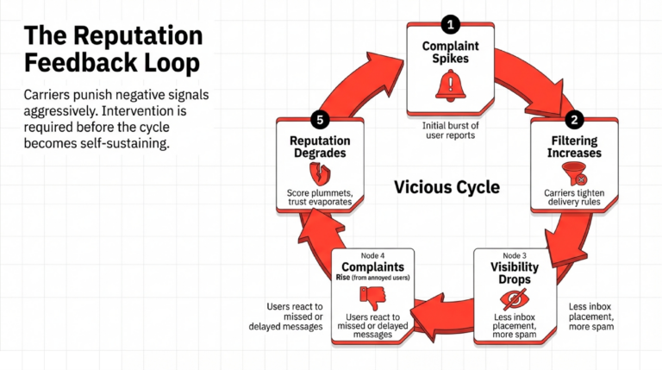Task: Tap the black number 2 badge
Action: coord(574,121)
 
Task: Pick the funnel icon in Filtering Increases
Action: coord(573,172)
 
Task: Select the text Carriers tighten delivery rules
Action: coord(573,199)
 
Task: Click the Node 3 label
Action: coord(515,254)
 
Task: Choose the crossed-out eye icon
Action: coord(515,298)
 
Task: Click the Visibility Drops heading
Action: coord(515,273)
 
